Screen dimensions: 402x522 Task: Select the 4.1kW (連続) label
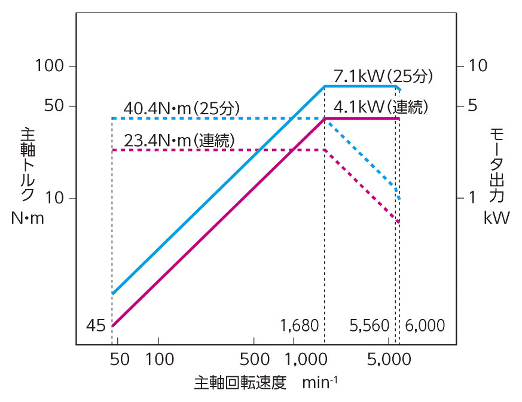click(x=381, y=108)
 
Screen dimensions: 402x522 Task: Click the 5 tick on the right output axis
click(x=472, y=106)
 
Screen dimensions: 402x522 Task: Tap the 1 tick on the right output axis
click(x=472, y=198)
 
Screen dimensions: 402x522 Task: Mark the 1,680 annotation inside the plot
click(x=299, y=326)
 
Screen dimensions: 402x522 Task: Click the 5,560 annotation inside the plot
click(x=369, y=326)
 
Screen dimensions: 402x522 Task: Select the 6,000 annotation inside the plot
click(x=425, y=326)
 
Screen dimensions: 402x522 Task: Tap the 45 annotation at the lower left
click(x=96, y=326)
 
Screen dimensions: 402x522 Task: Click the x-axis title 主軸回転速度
click(x=240, y=382)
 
